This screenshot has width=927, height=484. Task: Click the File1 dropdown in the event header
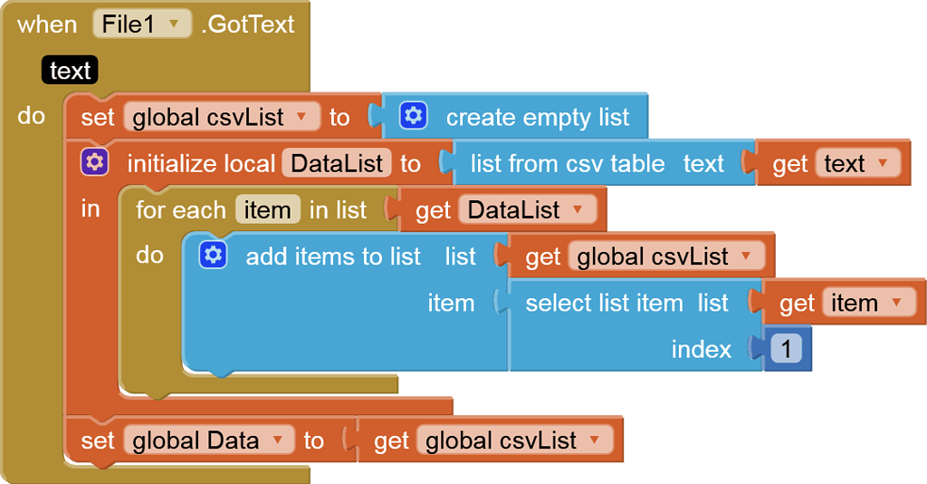click(x=142, y=24)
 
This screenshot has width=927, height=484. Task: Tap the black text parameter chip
click(x=70, y=71)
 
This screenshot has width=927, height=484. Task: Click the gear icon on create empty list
click(x=414, y=117)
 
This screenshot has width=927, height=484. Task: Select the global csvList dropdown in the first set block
click(x=222, y=118)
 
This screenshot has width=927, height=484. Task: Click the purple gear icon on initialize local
click(x=94, y=163)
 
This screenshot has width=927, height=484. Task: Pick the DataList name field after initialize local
click(x=337, y=164)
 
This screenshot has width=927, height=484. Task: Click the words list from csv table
click(x=568, y=164)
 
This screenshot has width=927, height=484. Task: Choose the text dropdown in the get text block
click(x=857, y=164)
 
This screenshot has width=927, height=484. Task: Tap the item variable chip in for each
click(x=267, y=210)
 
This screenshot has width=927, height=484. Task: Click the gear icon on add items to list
click(x=213, y=257)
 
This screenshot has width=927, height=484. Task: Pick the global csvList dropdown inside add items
click(x=665, y=257)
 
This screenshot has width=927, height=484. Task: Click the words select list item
click(x=604, y=304)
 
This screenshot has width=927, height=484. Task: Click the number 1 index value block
click(x=786, y=350)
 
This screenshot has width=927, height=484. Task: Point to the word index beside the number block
click(x=701, y=350)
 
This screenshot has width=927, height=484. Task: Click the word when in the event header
click(x=47, y=24)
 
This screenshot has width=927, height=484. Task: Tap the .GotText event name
click(x=247, y=24)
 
